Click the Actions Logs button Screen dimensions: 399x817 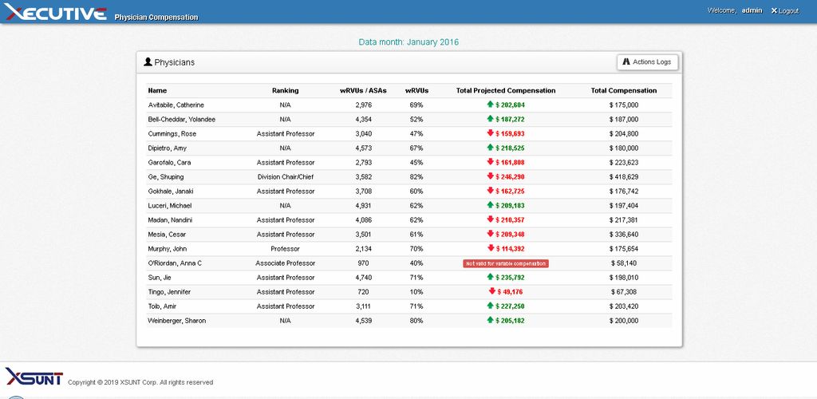[648, 62]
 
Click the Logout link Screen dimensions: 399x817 [784, 10]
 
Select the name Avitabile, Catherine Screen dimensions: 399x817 [176, 105]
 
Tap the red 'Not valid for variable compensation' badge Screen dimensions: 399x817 [506, 263]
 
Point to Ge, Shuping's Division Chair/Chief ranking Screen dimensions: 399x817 [286, 177]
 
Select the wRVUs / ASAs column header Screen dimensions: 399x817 [363, 91]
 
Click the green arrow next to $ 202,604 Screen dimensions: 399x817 [490, 105]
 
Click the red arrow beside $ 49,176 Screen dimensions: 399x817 [492, 291]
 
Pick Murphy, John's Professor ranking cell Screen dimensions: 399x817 [286, 249]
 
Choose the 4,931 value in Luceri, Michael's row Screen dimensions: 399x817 [363, 206]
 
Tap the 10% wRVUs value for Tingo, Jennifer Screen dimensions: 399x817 [416, 292]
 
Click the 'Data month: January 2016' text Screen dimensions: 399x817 [408, 41]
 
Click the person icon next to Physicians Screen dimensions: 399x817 [148, 61]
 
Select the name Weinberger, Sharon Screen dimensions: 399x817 [176, 321]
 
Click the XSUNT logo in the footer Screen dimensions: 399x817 [34, 377]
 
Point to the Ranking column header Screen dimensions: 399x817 [286, 91]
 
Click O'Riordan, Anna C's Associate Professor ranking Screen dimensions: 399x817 [286, 263]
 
